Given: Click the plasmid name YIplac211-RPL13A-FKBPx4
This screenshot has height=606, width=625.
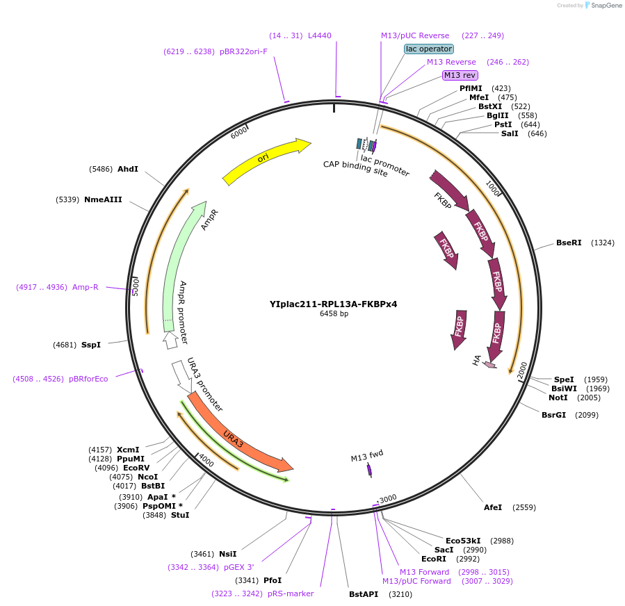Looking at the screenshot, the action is point(333,304).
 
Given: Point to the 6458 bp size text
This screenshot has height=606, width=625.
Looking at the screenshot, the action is point(334,313).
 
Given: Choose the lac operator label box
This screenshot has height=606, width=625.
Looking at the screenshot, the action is point(429,49).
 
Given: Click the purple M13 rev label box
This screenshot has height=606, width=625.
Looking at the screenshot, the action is point(460,75).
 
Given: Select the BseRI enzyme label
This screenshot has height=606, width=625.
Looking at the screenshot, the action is point(569,243).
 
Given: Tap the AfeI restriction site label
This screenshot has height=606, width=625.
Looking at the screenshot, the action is point(493,507).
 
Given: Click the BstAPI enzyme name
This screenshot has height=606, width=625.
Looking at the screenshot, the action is point(364,594).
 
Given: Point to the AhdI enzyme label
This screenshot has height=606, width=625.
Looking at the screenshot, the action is point(128,169).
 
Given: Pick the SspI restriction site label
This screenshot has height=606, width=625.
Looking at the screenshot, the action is point(91,345).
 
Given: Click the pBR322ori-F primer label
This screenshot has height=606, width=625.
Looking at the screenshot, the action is point(243,51).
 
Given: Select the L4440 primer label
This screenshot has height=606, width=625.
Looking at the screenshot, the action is point(320,35).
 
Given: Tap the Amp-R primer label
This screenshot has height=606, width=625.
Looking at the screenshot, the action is point(86,287).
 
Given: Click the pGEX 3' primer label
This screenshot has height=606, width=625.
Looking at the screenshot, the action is point(238,567).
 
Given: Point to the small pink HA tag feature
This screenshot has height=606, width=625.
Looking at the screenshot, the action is point(490,365).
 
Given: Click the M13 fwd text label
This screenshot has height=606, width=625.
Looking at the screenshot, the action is point(366,455).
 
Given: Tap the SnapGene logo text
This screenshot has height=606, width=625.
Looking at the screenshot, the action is point(606,5).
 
